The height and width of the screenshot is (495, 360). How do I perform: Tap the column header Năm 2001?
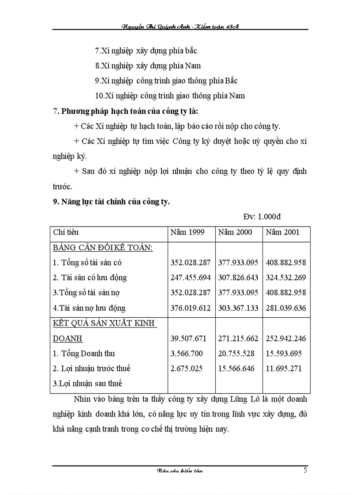tap(282, 232)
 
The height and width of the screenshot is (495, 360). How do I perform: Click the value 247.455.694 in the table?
tap(191, 278)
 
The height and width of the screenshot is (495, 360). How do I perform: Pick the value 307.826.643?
tap(238, 278)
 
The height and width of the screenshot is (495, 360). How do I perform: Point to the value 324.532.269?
tap(286, 278)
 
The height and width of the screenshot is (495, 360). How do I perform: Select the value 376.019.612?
tap(191, 308)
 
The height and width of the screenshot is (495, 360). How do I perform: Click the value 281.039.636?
tap(286, 308)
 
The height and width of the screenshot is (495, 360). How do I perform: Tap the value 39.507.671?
tap(188, 339)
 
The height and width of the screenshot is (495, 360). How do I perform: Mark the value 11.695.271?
tap(284, 368)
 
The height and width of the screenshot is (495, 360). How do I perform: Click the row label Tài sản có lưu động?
tap(90, 278)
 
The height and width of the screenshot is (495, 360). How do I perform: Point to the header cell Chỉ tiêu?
tap(66, 232)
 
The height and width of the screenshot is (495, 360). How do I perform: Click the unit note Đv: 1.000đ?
tap(262, 216)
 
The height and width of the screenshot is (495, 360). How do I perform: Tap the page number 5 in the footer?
tap(305, 469)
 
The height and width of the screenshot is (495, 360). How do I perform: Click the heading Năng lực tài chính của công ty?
tap(111, 202)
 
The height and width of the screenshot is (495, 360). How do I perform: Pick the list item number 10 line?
tap(170, 96)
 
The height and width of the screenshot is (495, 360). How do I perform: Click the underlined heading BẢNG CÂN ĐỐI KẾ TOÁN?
tap(103, 248)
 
